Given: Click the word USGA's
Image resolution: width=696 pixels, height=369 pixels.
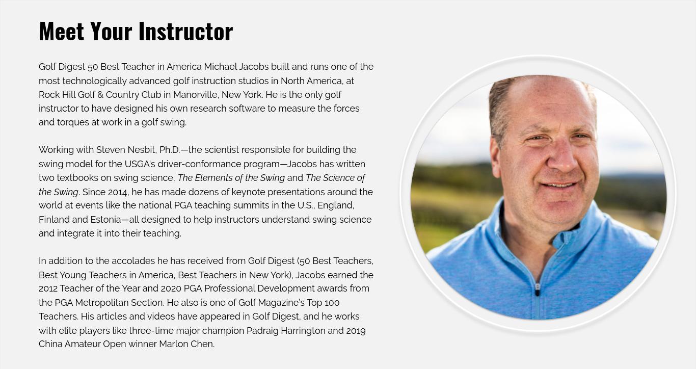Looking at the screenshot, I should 140,164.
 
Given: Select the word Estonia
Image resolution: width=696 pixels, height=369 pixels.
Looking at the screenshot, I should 105,220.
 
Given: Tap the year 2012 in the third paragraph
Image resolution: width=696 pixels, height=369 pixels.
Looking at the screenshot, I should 48,288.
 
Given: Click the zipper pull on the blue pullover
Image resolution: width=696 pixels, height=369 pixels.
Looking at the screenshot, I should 538,290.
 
